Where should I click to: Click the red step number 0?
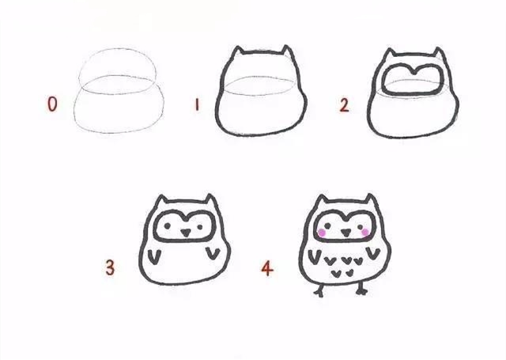tap(52, 104)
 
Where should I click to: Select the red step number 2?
tap(344, 104)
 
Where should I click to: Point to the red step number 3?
tap(110, 268)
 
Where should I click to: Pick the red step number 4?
tap(267, 268)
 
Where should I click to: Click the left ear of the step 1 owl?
tap(237, 54)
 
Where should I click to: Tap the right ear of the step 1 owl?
tap(286, 54)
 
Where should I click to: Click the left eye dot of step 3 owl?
tap(168, 225)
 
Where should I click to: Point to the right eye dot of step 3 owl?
tap(197, 224)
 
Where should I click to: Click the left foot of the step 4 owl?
tap(319, 291)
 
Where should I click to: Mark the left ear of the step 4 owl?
tap(321, 201)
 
